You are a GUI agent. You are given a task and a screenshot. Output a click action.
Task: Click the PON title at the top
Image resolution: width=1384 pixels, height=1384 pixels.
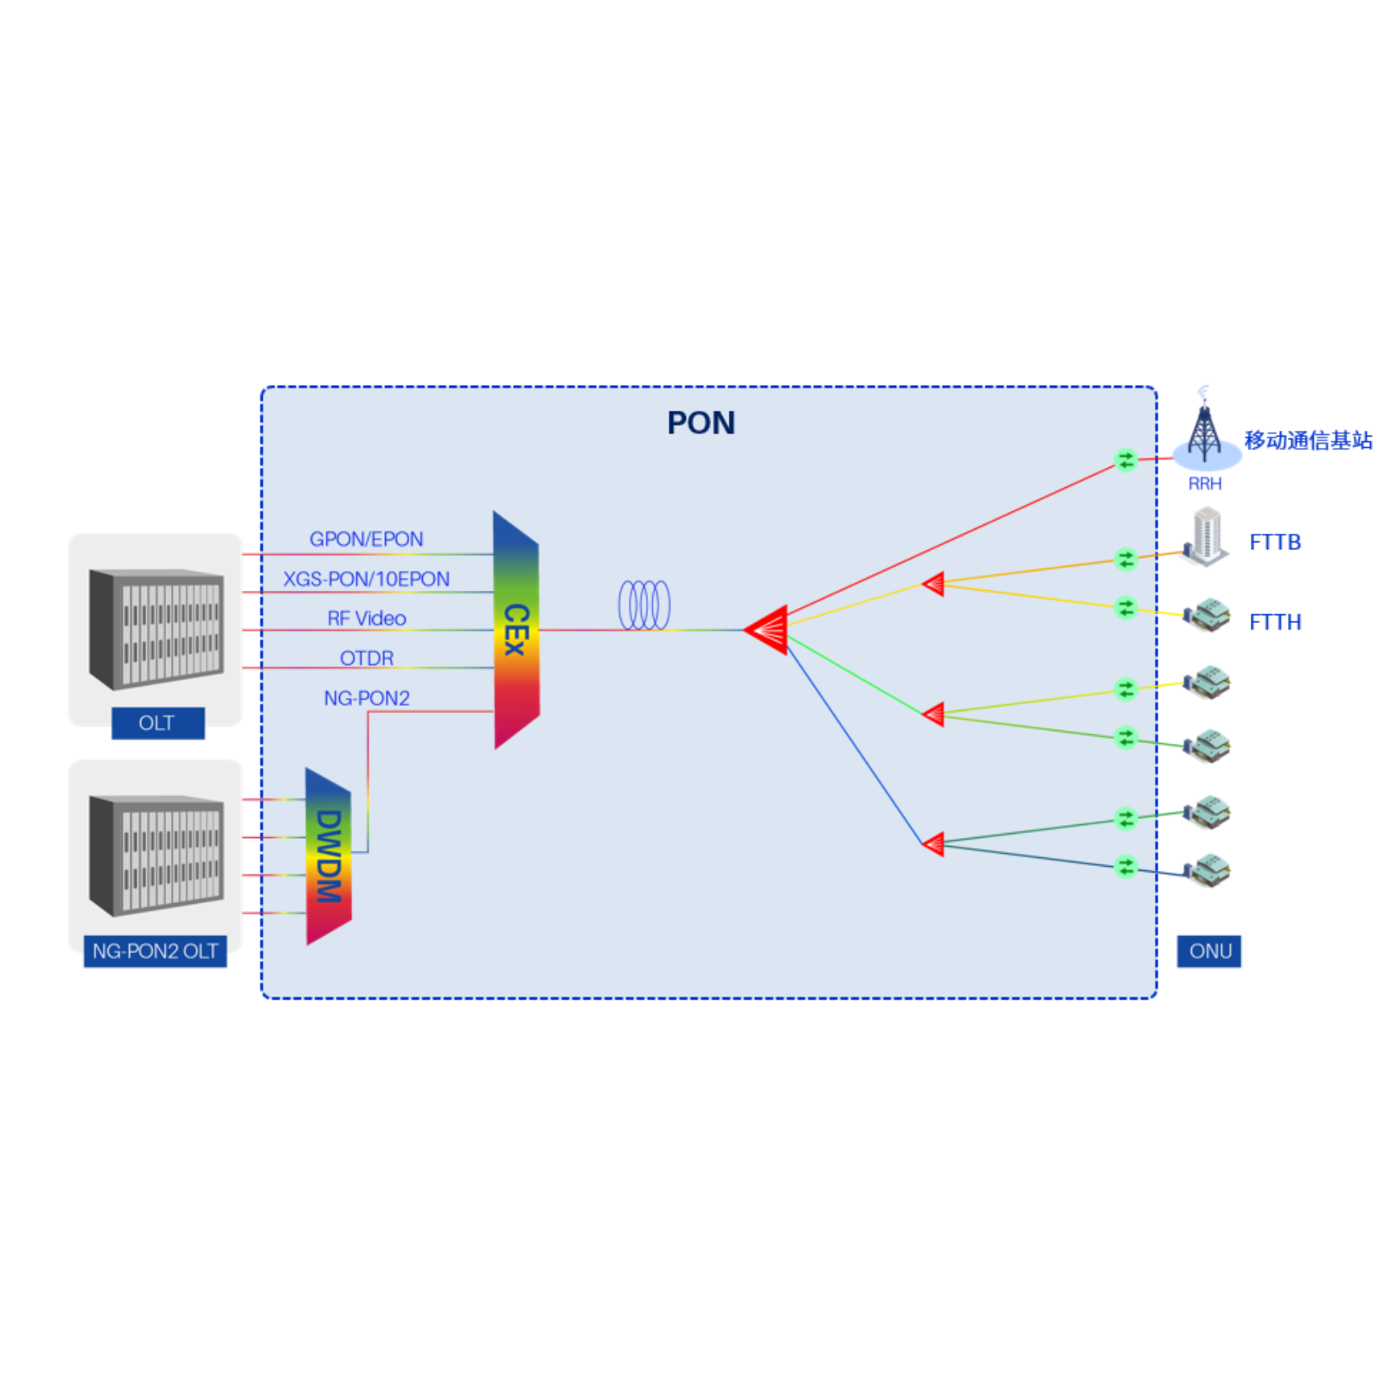pos(701,423)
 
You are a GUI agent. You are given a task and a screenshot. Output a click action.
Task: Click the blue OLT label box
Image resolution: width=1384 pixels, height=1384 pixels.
pos(157,723)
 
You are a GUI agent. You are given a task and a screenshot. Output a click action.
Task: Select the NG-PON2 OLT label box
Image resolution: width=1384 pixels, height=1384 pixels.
pos(155,951)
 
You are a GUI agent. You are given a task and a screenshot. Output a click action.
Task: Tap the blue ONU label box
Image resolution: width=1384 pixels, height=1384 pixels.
pos(1208,951)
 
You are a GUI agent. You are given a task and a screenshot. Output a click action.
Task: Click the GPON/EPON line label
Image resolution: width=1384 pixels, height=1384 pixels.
pos(366,539)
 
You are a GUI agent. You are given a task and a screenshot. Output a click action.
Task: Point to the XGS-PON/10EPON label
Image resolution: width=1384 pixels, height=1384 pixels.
pos(366,579)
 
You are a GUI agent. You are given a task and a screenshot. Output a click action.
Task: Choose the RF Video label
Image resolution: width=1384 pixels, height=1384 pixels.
pos(366,618)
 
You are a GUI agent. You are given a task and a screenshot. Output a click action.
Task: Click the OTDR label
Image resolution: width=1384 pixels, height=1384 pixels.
pos(366,658)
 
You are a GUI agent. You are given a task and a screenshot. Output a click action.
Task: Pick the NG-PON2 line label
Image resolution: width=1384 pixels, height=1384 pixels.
pos(366,698)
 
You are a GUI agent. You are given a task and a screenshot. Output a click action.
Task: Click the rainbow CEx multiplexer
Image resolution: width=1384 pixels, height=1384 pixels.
pos(516,630)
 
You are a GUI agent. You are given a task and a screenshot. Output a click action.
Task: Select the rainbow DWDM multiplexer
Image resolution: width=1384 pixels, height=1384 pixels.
pos(329,856)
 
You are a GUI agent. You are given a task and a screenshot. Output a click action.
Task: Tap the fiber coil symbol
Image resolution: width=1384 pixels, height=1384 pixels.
pos(644,605)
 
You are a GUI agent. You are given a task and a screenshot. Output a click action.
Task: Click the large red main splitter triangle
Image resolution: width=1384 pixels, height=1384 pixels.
pos(768,630)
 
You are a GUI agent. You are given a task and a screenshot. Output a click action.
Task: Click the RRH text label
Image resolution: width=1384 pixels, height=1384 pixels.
pos(1204,484)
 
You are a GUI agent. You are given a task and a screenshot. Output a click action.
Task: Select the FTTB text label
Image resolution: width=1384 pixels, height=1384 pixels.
pos(1274,542)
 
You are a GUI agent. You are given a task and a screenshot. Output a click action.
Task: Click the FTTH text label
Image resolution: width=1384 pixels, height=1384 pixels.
pos(1274,622)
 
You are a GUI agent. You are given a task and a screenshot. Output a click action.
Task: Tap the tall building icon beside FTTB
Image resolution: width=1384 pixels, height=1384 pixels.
pos(1207,536)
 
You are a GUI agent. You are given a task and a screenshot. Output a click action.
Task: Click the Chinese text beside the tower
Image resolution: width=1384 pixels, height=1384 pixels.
pos(1308,440)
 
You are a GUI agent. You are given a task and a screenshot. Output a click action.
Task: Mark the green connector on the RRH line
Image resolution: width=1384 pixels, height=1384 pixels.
pos(1124,460)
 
